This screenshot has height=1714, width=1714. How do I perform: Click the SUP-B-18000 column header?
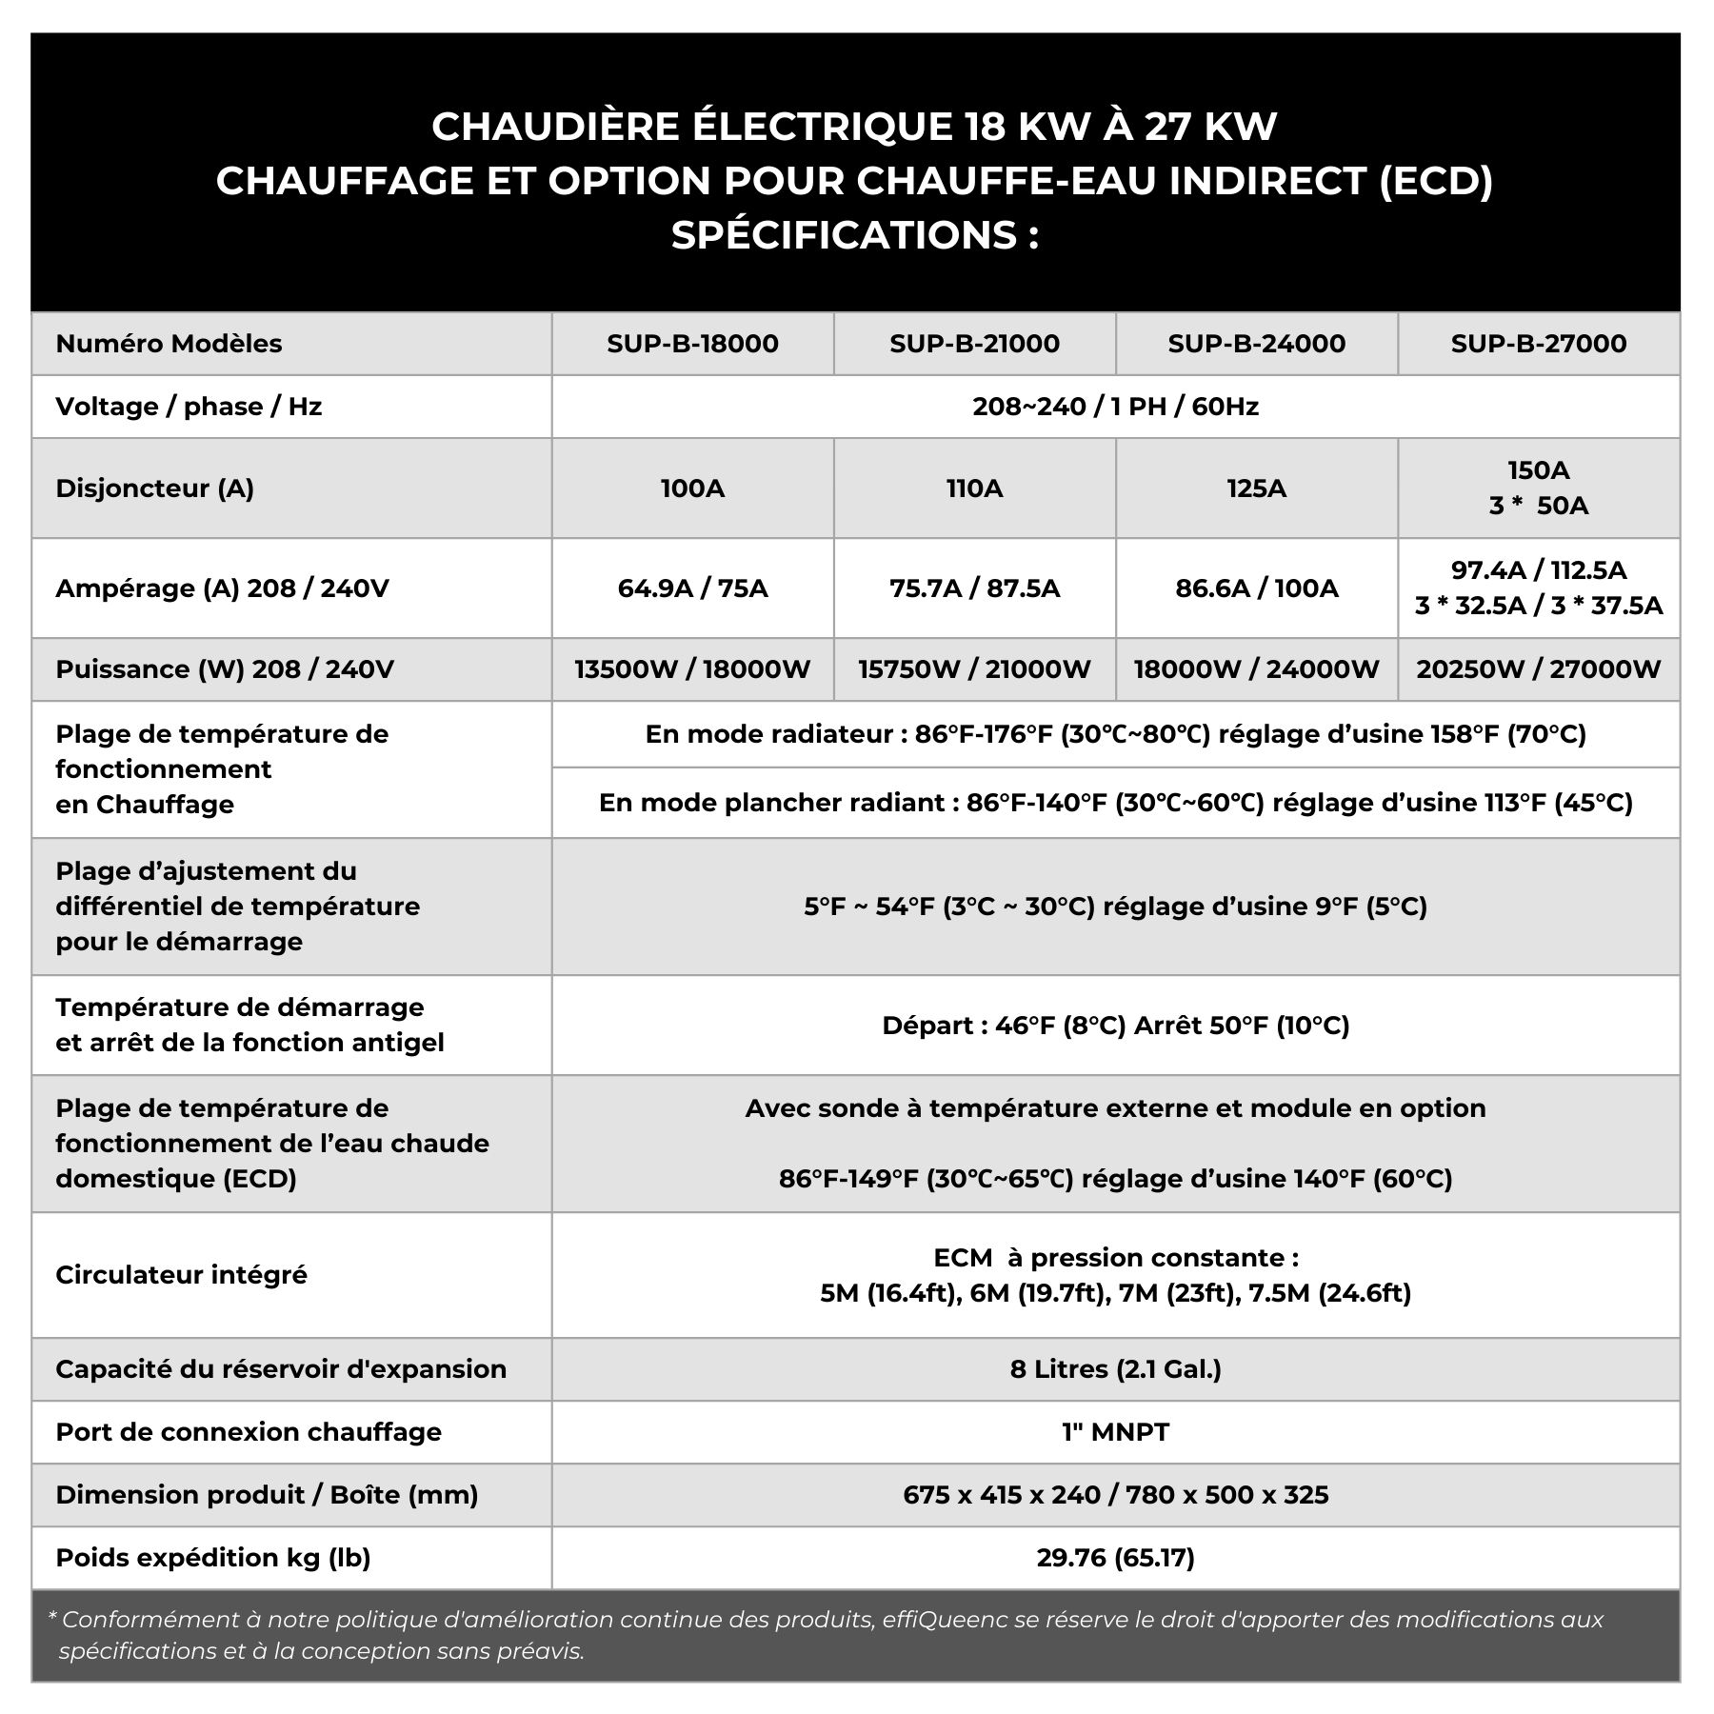click(692, 344)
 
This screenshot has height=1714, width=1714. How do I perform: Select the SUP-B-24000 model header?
click(1256, 344)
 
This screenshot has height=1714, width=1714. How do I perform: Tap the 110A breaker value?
click(974, 488)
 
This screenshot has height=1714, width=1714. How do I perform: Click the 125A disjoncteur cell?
click(1256, 488)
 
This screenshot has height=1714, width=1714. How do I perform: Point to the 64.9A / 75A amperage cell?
click(692, 588)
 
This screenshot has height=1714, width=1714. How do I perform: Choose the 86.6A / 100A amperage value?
click(1256, 588)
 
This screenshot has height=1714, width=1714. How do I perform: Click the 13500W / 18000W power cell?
click(692, 669)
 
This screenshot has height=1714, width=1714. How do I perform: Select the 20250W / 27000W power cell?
click(1538, 669)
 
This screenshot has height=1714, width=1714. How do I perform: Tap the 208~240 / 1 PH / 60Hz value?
click(1115, 407)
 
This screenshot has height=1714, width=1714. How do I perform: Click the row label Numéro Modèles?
click(169, 344)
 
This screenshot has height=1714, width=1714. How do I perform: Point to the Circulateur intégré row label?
click(181, 1275)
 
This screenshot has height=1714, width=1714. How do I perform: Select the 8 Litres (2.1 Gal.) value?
click(1115, 1369)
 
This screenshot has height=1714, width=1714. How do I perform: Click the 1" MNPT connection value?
click(1115, 1432)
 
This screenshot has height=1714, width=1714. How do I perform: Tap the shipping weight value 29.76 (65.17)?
click(1115, 1558)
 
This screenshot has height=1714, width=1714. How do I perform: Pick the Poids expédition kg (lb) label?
click(212, 1558)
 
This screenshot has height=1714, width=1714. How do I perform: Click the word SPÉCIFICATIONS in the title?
click(844, 235)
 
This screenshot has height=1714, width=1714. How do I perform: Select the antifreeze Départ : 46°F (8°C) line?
click(1115, 1026)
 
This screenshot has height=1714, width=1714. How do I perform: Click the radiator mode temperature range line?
click(1115, 734)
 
